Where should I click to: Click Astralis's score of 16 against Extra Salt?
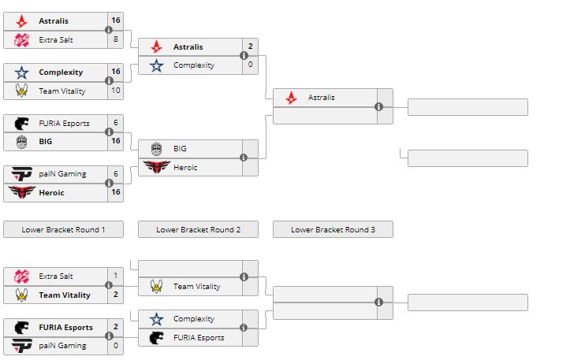[x=116, y=21]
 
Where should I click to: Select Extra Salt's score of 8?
[x=116, y=39]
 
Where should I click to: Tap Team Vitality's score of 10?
[x=116, y=91]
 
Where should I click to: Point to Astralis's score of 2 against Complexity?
[x=250, y=46]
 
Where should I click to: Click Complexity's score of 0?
[x=250, y=65]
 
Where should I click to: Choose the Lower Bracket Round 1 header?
[x=63, y=229]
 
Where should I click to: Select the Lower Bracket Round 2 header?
[x=198, y=229]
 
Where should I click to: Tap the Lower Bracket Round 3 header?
[x=333, y=229]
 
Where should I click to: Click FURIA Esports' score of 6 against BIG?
[x=116, y=123]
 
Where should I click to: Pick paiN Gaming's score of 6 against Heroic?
[x=116, y=173]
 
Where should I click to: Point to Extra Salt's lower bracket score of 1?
[x=116, y=276]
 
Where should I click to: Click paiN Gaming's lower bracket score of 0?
[x=116, y=346]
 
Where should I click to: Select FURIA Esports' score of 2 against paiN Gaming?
[x=116, y=327]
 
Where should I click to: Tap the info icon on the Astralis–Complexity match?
[x=244, y=56]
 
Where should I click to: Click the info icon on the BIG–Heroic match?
[x=244, y=158]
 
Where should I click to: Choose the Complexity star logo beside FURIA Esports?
[x=156, y=319]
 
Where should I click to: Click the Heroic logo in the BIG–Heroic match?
[x=156, y=167]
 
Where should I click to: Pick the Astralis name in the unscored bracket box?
[x=321, y=98]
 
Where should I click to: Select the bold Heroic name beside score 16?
[x=51, y=192]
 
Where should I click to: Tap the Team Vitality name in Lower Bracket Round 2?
[x=196, y=287]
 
